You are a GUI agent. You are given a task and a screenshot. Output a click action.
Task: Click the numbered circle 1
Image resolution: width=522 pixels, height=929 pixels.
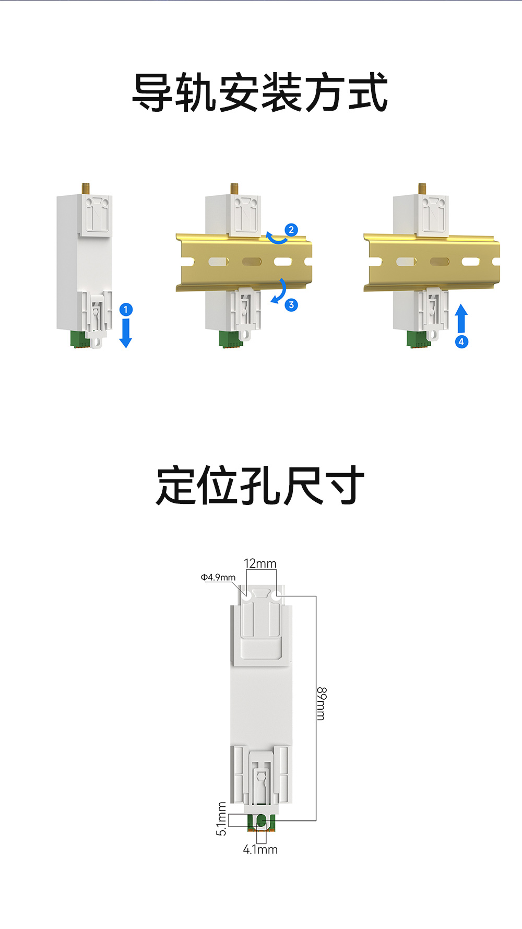126,310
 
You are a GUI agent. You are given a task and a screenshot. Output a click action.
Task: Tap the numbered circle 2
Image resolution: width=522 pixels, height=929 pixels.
291,230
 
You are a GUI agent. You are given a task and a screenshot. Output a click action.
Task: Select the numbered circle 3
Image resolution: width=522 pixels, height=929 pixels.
291,305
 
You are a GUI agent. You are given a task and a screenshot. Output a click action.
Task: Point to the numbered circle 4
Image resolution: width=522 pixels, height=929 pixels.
461,342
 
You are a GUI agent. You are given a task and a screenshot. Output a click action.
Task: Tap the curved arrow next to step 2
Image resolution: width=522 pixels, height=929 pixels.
276,239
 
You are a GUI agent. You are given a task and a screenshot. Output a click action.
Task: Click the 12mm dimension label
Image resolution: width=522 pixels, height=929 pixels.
260,563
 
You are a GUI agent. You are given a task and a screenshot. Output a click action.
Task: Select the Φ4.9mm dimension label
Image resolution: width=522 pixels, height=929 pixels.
218,577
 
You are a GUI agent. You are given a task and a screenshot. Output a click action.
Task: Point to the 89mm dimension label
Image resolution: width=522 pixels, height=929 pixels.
322,703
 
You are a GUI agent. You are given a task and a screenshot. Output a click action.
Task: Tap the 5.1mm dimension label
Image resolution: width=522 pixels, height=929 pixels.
221,819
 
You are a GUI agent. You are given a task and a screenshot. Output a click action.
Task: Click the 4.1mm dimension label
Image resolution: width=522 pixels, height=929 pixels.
260,850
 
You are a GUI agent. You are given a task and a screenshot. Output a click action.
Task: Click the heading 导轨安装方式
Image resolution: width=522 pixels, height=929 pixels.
260,93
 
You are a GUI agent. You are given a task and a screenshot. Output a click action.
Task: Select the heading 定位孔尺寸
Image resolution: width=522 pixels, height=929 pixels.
260,486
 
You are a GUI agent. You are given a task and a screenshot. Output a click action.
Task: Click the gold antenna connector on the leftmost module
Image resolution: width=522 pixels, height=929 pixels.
85,189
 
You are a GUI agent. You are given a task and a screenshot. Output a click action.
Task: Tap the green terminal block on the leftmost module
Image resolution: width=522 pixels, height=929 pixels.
78,338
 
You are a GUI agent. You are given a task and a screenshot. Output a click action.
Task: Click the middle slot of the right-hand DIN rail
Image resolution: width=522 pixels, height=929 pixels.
439,262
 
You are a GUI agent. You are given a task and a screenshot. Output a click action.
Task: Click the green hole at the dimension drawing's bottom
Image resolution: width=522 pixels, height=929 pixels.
261,822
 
